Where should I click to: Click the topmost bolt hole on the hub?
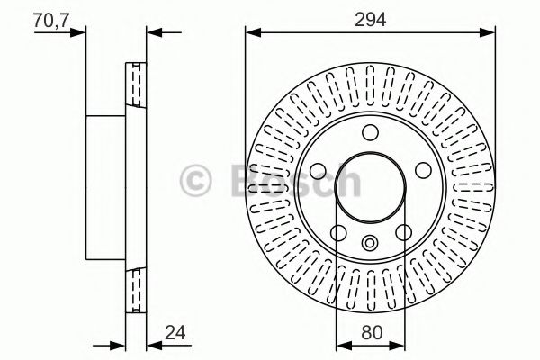pyautogui.click(x=370, y=134)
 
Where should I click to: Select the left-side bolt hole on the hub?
pyautogui.click(x=316, y=173)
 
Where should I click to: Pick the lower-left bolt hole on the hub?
pyautogui.click(x=337, y=234)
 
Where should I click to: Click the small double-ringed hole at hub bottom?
pyautogui.click(x=370, y=241)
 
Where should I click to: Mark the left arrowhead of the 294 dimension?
pyautogui.click(x=251, y=33)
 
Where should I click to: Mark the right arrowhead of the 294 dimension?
pyautogui.click(x=490, y=33)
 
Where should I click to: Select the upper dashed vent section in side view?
pyautogui.click(x=136, y=86)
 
